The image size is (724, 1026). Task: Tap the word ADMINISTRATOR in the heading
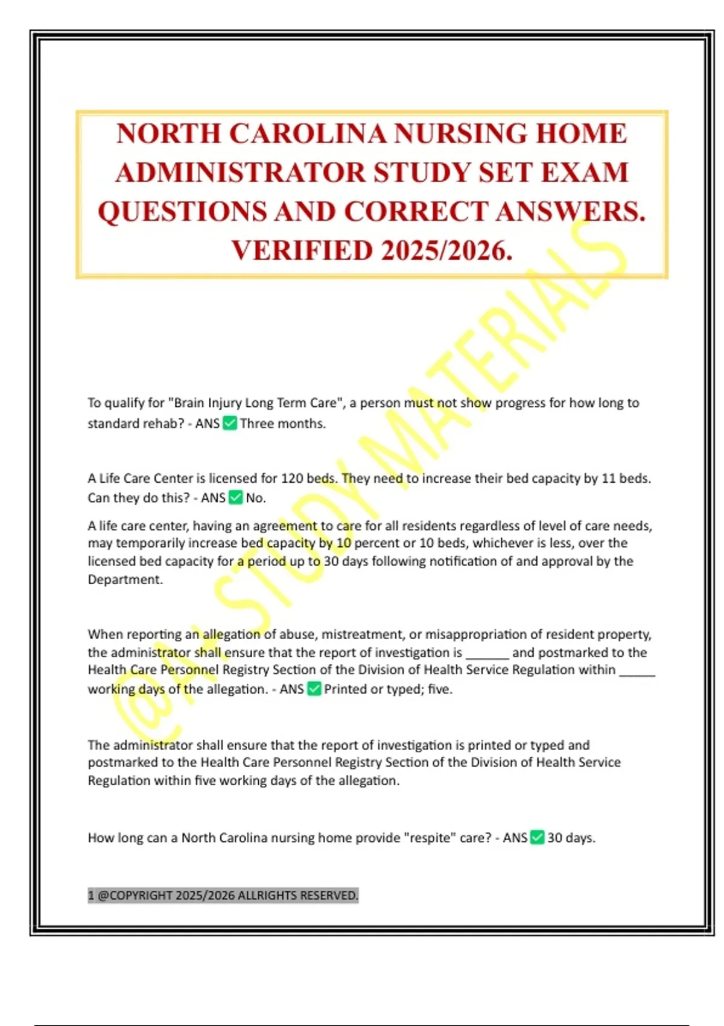point(240,173)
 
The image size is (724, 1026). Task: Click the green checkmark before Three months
point(230,424)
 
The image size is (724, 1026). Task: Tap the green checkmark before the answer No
point(236,498)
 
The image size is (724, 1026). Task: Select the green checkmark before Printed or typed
point(314,689)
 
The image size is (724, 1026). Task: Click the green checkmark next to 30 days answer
point(537,838)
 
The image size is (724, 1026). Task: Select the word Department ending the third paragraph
point(125,580)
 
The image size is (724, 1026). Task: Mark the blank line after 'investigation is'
point(487,654)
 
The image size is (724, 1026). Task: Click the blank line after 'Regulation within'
point(637,671)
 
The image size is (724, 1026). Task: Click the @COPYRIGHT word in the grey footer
point(135,896)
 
